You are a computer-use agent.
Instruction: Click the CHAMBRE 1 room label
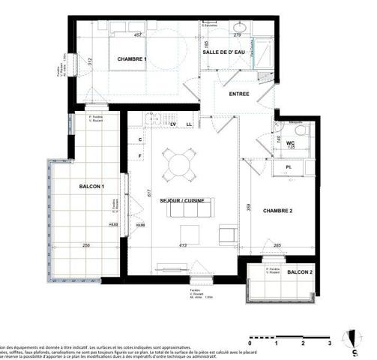coord(132,59)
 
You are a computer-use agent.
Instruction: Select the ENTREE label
coord(238,94)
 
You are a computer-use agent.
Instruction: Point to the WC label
coord(292,142)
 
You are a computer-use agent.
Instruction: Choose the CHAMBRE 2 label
coord(277,211)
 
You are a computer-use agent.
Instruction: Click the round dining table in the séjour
coord(179,163)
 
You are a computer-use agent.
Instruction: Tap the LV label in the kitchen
coord(173,124)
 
